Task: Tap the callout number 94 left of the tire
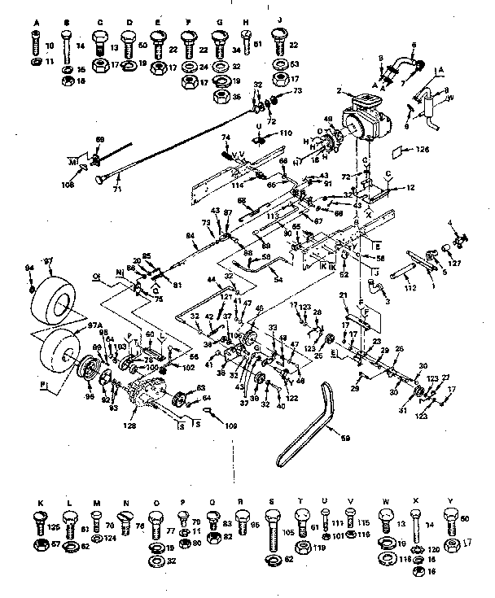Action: pyautogui.click(x=29, y=268)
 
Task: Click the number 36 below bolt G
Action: pyautogui.click(x=235, y=96)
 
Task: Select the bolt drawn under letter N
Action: pyautogui.click(x=125, y=521)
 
